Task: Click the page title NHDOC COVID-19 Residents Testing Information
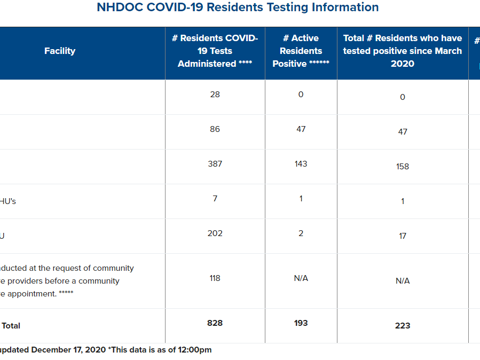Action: (238, 7)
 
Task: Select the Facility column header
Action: (60, 51)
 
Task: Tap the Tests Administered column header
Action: (215, 51)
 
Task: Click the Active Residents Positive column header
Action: (301, 51)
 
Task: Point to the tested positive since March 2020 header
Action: (402, 51)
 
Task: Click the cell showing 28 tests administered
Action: (215, 95)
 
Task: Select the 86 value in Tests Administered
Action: (215, 129)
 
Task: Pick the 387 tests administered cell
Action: (215, 164)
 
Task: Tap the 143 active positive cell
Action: (301, 164)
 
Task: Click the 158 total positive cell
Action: (402, 167)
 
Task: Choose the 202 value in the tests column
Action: (215, 233)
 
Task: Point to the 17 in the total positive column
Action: (402, 236)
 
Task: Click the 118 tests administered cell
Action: (215, 278)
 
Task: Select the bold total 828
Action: (215, 323)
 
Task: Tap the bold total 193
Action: (301, 323)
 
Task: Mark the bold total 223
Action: (402, 326)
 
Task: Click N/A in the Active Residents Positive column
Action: (301, 278)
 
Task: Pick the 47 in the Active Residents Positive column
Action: (301, 129)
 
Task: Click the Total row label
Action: (11, 326)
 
